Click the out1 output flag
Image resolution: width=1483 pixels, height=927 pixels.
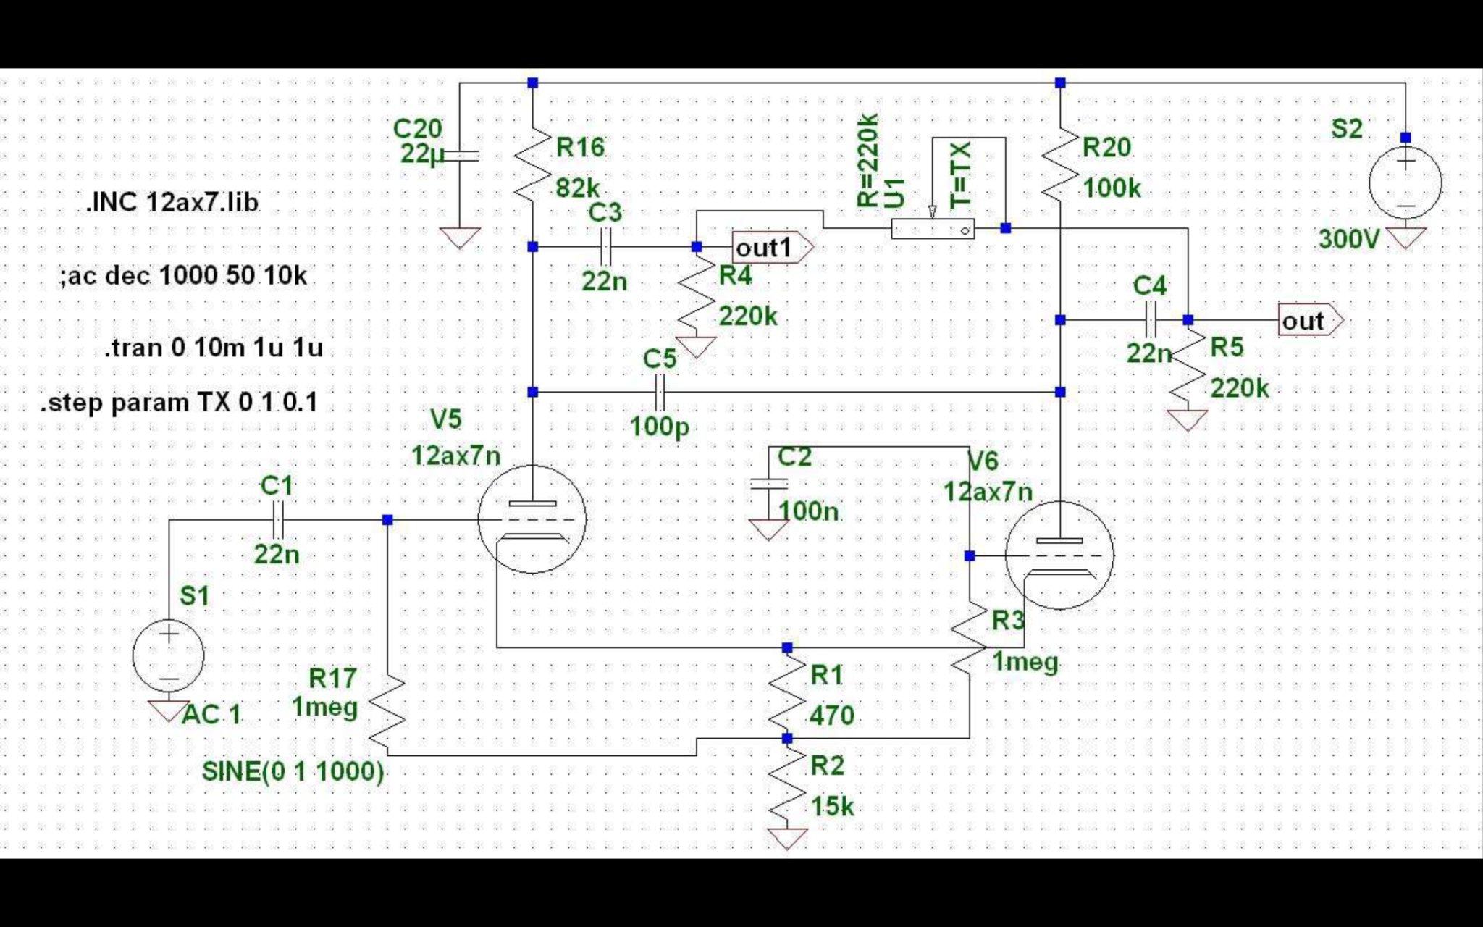point(773,248)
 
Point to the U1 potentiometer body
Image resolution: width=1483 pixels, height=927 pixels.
point(933,229)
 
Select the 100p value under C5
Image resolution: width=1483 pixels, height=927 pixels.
point(660,427)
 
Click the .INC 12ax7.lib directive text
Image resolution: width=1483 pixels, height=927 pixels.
point(172,202)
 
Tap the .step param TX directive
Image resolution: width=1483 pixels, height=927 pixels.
point(179,402)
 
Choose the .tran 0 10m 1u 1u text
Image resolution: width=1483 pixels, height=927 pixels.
point(214,348)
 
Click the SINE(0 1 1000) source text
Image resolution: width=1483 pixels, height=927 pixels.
point(293,771)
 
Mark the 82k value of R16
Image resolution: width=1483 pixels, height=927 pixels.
point(577,188)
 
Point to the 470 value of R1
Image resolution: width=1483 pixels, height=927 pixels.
point(832,716)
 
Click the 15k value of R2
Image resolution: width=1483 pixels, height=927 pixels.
point(832,806)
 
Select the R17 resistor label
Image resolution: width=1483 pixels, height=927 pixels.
point(332,678)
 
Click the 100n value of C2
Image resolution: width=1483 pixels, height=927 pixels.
point(808,511)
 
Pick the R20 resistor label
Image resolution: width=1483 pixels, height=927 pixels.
point(1106,148)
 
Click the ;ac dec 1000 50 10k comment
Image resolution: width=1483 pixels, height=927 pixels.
point(184,276)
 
